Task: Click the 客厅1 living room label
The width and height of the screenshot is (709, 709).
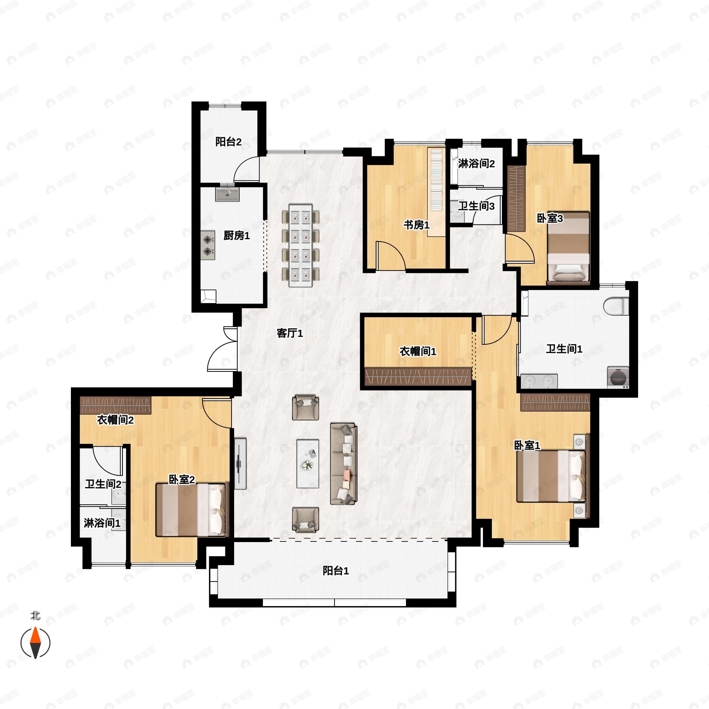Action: pos(290,333)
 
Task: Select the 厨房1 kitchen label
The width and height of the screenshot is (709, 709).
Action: pos(236,236)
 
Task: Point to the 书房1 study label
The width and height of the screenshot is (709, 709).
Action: pos(416,225)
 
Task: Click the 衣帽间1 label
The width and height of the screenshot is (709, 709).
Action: pos(418,351)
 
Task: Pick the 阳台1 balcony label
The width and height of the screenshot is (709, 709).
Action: pos(335,571)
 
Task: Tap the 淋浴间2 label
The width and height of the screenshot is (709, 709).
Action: pos(476,164)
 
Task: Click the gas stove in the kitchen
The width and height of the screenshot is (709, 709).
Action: pos(208,245)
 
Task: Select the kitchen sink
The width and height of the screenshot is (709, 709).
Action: pos(227,194)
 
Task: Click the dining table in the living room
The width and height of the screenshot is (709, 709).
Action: pos(300,245)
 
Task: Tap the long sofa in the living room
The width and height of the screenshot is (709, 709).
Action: pos(344,464)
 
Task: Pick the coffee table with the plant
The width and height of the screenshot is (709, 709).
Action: pos(308,464)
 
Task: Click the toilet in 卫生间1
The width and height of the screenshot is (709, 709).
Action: pos(616,306)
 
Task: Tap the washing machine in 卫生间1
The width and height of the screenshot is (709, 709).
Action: pos(618,377)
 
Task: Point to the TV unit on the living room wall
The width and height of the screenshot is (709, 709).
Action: pos(240,463)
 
